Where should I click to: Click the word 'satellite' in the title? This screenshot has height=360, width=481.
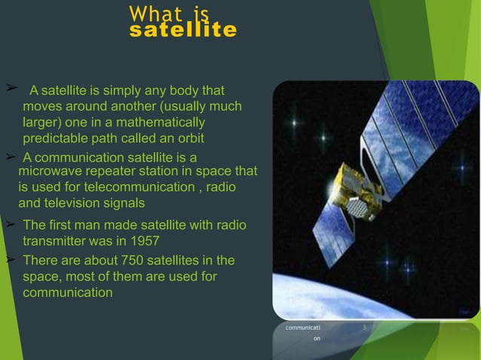pyautogui.click(x=182, y=31)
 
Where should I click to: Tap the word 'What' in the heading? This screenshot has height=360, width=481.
pyautogui.click(x=154, y=14)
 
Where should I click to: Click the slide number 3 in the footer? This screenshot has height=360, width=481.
pyautogui.click(x=364, y=328)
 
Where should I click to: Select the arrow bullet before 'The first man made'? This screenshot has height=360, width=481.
pyautogui.click(x=10, y=224)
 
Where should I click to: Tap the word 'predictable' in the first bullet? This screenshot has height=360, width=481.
pyautogui.click(x=55, y=139)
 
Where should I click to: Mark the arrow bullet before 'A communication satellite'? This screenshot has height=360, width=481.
pyautogui.click(x=10, y=156)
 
